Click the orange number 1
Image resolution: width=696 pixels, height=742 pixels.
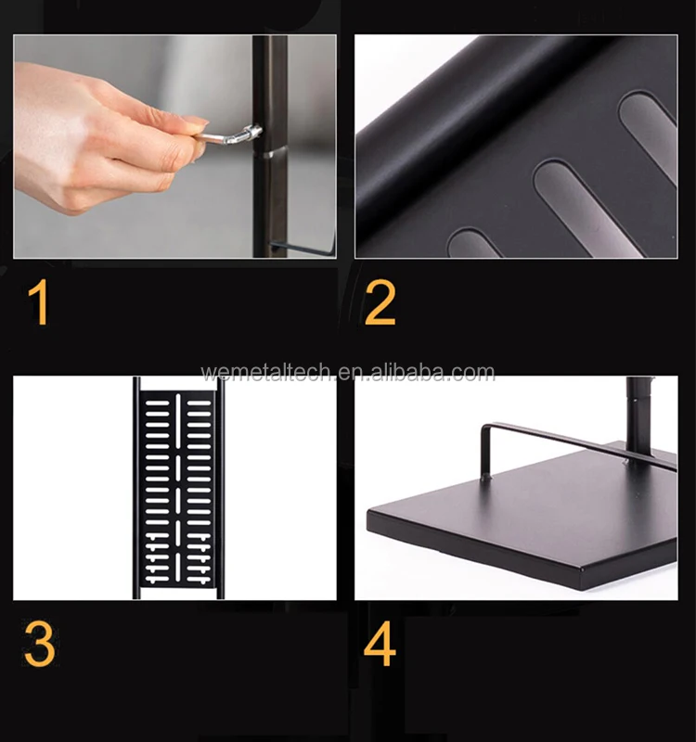[39, 302]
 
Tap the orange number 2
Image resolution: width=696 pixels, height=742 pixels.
[380, 302]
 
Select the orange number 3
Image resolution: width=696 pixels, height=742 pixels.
[39, 644]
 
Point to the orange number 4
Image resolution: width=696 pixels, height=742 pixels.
[380, 644]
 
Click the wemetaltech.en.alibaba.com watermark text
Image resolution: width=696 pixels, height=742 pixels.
[348, 373]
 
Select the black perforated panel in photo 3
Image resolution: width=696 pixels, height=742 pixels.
[178, 489]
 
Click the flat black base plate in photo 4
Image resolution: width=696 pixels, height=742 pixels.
[521, 516]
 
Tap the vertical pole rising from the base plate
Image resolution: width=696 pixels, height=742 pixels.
[639, 416]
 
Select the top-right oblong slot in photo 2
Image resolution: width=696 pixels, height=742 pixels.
[649, 134]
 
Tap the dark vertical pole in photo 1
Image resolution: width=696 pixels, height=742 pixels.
[270, 147]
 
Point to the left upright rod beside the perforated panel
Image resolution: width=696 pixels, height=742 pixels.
[136, 489]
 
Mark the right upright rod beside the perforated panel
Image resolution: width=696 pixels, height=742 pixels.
[221, 489]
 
